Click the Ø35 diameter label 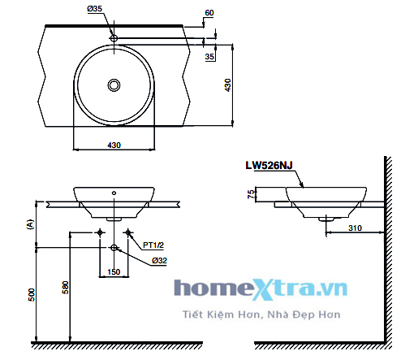tap(95, 9)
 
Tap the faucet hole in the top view tap(114, 38)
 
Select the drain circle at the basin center tap(114, 84)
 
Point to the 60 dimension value tap(209, 14)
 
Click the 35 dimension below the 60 tap(210, 58)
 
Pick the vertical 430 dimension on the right tap(228, 84)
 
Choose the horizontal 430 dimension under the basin tap(114, 145)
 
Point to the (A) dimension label tap(30, 225)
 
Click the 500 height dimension tap(30, 293)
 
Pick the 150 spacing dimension tap(114, 271)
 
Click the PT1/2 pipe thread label tap(154, 244)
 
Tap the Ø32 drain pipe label tap(157, 260)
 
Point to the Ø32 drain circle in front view tap(114, 248)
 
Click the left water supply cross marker tap(100, 233)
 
